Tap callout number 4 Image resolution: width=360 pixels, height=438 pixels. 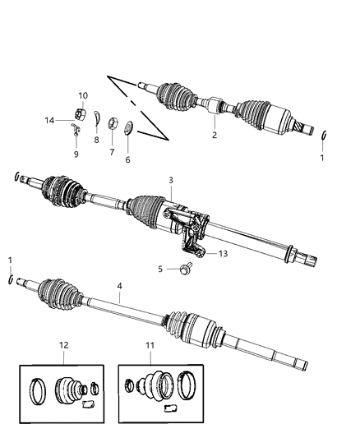tap(120, 287)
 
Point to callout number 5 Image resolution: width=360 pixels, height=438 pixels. tap(162, 268)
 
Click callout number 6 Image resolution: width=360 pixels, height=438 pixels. tap(127, 160)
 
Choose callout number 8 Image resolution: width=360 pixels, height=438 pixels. tap(96, 141)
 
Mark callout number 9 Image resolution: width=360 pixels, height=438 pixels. tap(77, 154)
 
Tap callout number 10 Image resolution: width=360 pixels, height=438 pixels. tap(82, 96)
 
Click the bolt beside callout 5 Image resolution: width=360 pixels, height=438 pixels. tap(187, 268)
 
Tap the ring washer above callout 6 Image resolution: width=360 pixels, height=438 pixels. tap(129, 129)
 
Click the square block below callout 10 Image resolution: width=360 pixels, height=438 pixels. tap(82, 113)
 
